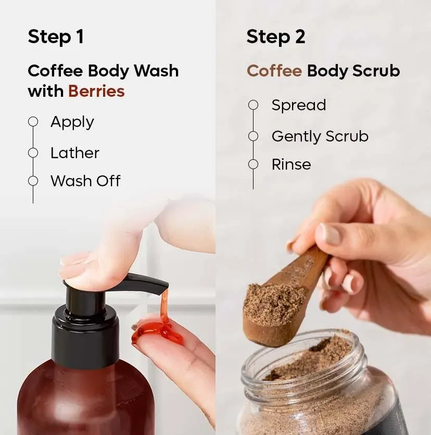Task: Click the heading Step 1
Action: [56, 37]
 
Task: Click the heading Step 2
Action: [276, 37]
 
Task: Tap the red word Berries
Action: [96, 92]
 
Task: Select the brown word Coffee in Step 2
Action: [274, 71]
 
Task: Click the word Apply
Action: [72, 123]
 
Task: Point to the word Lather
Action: [74, 153]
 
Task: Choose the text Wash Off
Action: [85, 181]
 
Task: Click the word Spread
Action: [298, 105]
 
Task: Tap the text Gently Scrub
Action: [320, 136]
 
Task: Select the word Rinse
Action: [291, 165]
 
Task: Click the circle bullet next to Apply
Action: [33, 122]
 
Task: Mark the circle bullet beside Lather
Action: [33, 152]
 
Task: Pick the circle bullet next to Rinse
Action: [253, 164]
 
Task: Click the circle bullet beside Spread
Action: [253, 105]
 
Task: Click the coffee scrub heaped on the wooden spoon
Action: [273, 302]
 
